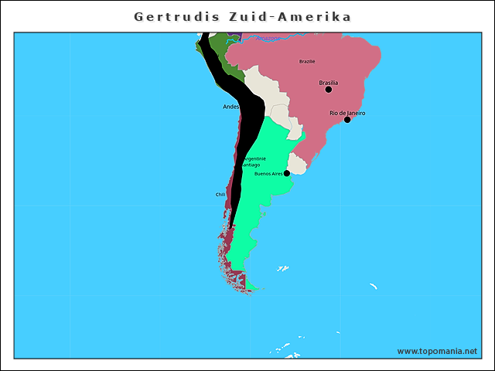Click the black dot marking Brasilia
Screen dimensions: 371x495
pos(329,90)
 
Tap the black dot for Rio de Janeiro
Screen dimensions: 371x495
pos(347,120)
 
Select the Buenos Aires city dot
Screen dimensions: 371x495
pos(287,173)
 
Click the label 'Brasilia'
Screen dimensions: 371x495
pos(329,82)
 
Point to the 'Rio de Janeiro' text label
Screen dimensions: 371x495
pos(347,113)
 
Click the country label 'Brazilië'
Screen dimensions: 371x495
pos(307,61)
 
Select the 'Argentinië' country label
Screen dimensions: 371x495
pos(255,158)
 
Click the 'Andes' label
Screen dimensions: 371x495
pos(230,107)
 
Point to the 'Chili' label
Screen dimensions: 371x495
pos(220,195)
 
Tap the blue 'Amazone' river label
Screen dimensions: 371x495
pos(268,38)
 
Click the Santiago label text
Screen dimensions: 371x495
pos(251,165)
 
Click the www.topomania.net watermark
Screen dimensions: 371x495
pos(437,351)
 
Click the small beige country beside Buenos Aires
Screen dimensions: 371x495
pos(297,164)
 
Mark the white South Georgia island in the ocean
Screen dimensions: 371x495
pos(373,288)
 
